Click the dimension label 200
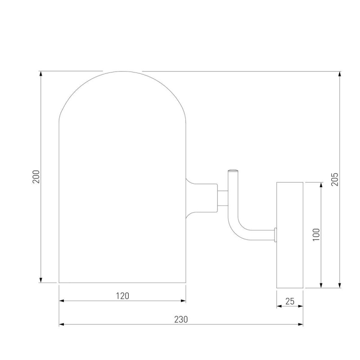(x=36, y=176)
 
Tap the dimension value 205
(x=335, y=179)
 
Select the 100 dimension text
(x=316, y=234)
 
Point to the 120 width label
(x=122, y=296)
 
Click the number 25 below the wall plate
(x=290, y=301)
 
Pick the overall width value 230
(x=181, y=319)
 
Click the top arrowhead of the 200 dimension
(x=41, y=73)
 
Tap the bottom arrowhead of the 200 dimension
(x=41, y=280)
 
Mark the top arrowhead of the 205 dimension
(x=340, y=74)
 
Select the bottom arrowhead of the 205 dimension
(x=340, y=285)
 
